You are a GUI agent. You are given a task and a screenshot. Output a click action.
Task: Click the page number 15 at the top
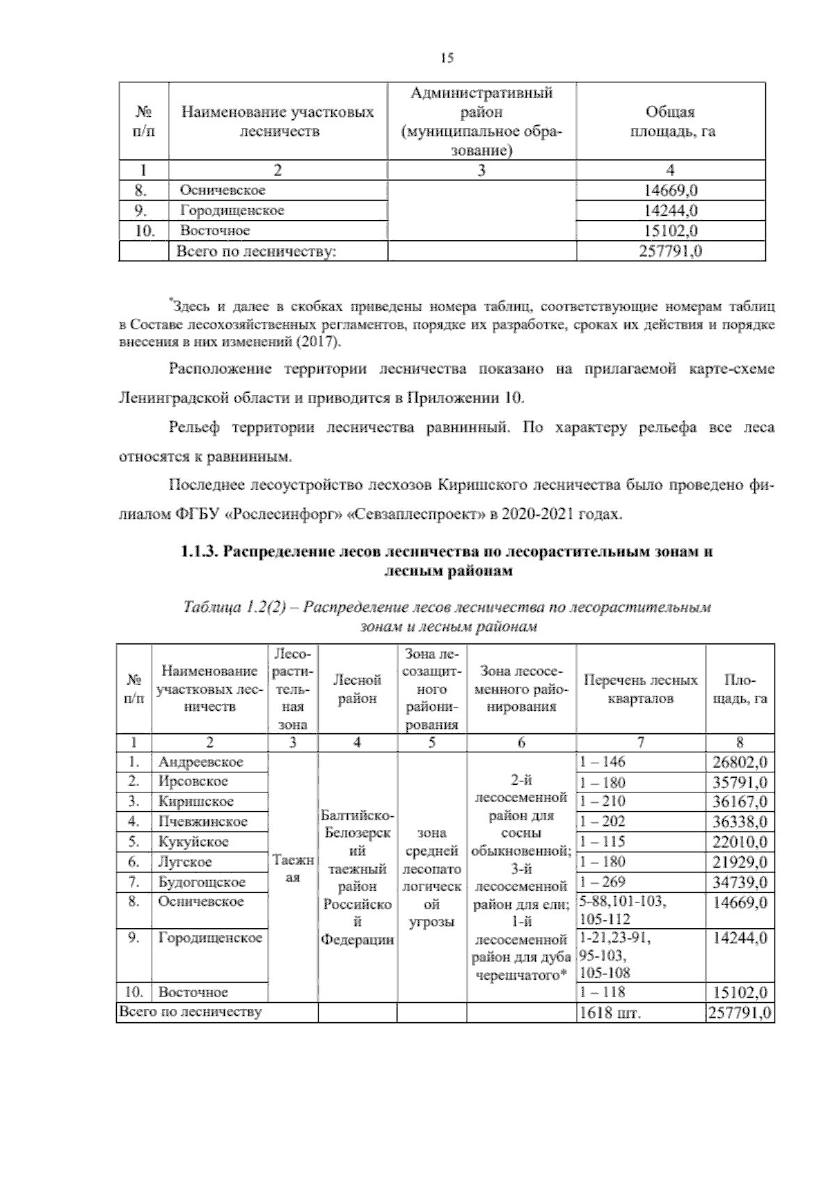[447, 58]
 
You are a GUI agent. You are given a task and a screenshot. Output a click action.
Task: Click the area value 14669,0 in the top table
[670, 190]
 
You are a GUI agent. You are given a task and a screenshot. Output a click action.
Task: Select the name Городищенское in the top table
[232, 210]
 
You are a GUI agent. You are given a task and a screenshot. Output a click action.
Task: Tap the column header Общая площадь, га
[671, 122]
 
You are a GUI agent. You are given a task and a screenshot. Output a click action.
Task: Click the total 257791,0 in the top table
[670, 251]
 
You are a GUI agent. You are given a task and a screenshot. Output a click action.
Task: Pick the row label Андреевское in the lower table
[200, 762]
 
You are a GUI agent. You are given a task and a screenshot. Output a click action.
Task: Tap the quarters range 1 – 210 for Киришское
[602, 801]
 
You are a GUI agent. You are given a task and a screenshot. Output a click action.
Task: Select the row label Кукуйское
[193, 842]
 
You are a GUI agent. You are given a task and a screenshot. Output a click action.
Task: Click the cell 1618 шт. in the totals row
[610, 1013]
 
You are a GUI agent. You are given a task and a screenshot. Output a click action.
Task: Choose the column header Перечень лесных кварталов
[640, 689]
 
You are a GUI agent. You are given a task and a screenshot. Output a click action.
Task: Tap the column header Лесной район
[357, 689]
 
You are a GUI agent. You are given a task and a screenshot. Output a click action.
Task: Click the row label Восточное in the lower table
[193, 992]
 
